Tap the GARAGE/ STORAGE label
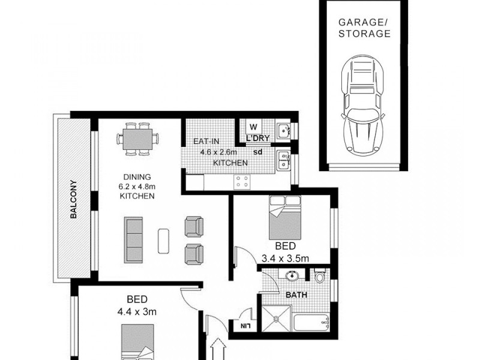click(x=364, y=28)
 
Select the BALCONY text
click(x=73, y=200)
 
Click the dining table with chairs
click(x=139, y=139)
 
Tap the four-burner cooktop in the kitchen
click(x=243, y=181)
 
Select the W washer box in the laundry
click(x=253, y=127)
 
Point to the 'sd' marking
click(x=258, y=152)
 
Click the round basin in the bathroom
click(x=292, y=277)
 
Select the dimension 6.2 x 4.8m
click(x=138, y=187)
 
